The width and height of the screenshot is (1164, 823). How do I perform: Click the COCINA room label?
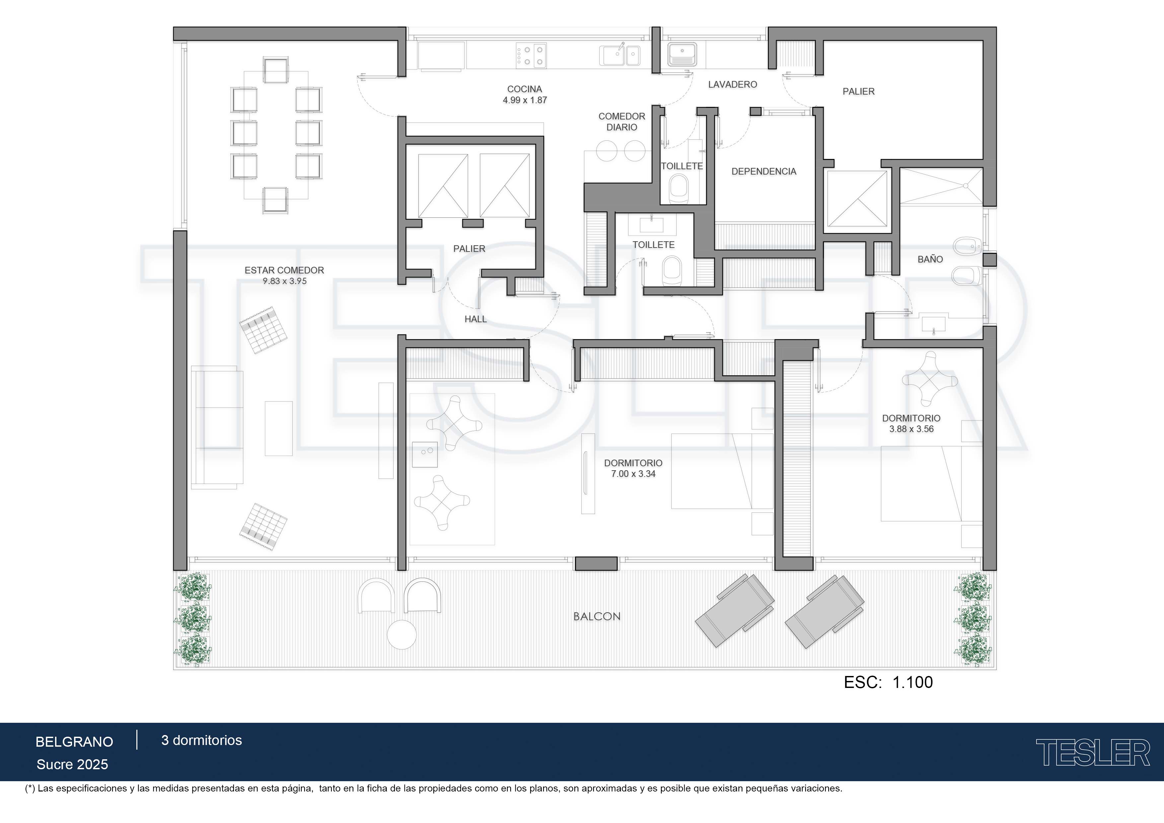pos(525,89)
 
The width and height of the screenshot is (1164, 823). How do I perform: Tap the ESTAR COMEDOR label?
pos(284,270)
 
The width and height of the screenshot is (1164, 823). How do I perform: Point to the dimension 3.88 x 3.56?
pos(911,429)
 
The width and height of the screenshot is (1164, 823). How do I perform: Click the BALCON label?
pos(597,617)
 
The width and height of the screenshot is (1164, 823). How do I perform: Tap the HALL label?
pos(475,319)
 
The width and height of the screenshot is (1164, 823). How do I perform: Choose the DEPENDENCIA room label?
pos(764,171)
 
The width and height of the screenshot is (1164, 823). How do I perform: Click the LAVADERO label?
pos(733,85)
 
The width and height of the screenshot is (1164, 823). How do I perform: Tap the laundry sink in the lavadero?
pos(683,54)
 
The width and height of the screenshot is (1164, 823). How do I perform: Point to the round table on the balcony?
pos(401,635)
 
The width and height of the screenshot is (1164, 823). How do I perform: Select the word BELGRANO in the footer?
pos(74,742)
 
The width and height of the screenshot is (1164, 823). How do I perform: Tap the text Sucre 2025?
pos(72,765)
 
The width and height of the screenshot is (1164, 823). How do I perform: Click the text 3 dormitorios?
pos(201,740)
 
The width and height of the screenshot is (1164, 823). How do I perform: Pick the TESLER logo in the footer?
pos(1093,753)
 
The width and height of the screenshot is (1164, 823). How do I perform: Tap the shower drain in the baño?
pos(965,186)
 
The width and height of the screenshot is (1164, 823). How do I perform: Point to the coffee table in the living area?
pos(279,428)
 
